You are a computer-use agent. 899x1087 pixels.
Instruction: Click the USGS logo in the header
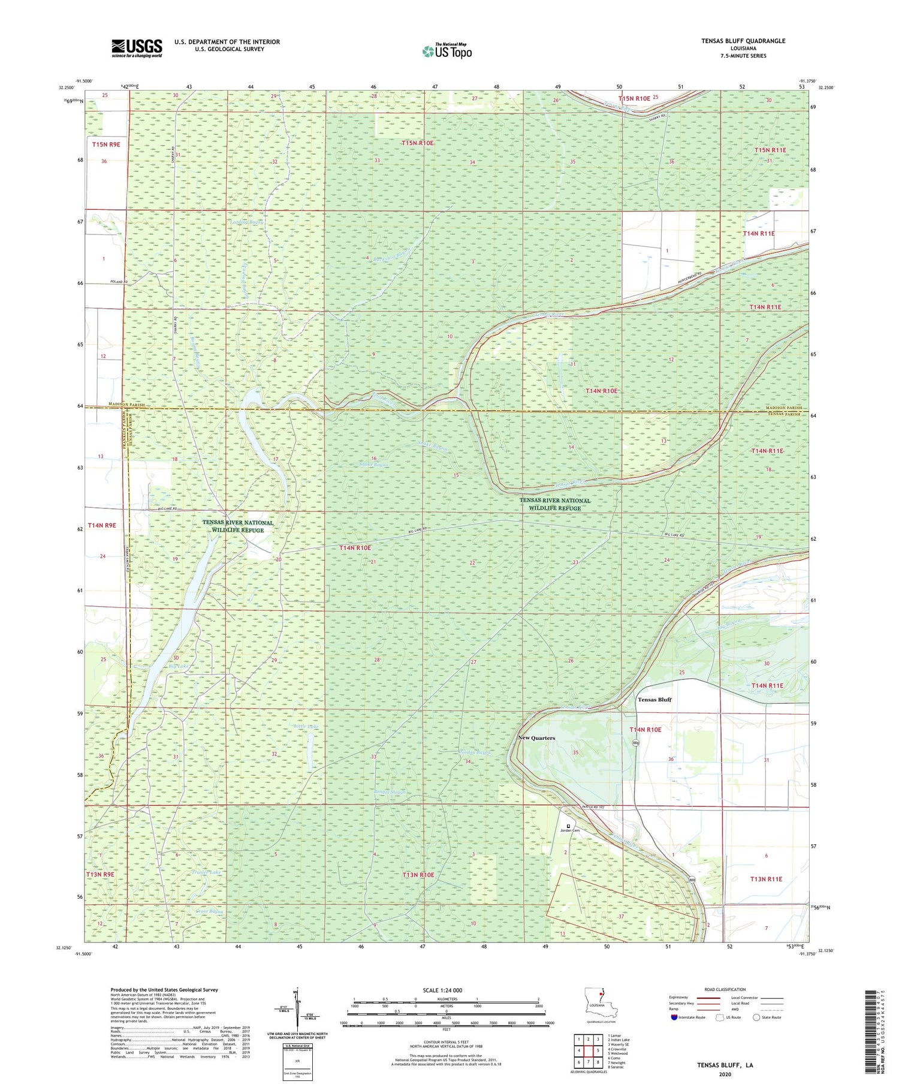[137, 48]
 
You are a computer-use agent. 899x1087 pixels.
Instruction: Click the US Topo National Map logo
[447, 50]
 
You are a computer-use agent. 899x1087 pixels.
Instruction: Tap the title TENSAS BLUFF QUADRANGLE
[743, 41]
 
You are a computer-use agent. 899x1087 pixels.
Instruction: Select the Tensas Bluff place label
[654, 700]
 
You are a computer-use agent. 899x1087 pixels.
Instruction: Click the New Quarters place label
[536, 738]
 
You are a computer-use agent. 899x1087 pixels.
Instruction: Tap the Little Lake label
[306, 727]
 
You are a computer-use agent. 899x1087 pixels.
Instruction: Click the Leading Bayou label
[247, 221]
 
